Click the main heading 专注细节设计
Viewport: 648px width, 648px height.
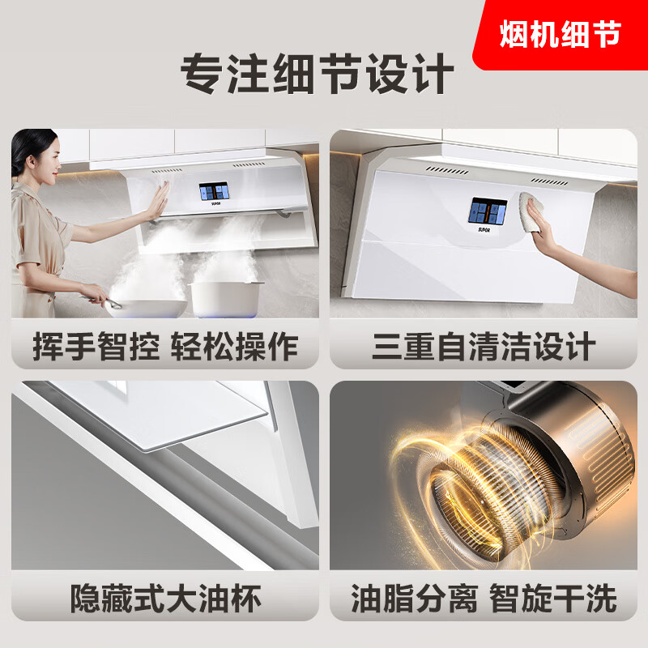click(x=317, y=75)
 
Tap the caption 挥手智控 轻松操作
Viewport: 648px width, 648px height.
click(x=165, y=347)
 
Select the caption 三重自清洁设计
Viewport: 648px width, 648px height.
click(x=484, y=347)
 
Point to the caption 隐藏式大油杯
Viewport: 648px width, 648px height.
click(x=165, y=599)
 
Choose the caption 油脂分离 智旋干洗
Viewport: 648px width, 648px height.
click(x=484, y=599)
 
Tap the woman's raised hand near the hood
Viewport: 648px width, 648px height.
click(x=158, y=199)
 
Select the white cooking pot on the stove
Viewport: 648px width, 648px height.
click(x=227, y=297)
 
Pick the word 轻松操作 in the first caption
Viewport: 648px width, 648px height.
click(x=234, y=347)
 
